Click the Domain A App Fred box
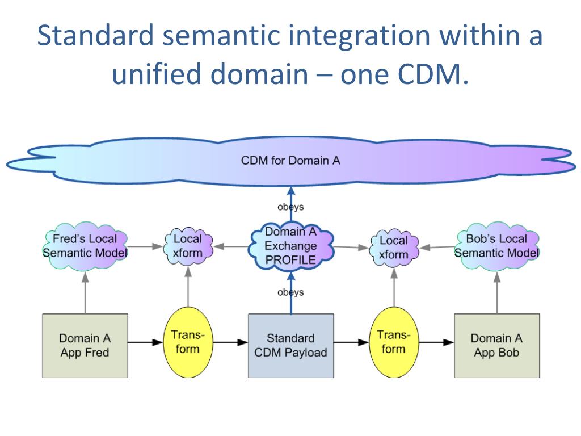[x=85, y=345]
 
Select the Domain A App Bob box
[x=496, y=345]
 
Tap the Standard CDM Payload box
[x=290, y=345]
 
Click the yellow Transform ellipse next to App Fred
[x=187, y=342]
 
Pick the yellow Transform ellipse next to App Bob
[x=393, y=342]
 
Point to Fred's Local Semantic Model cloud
[x=85, y=245]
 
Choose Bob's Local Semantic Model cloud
[x=496, y=245]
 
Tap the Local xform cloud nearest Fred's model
[x=187, y=246]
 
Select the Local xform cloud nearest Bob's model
[x=393, y=248]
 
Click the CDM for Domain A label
[x=290, y=160]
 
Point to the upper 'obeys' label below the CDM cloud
[x=290, y=207]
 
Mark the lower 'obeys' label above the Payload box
[x=290, y=292]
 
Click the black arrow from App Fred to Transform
[x=145, y=342]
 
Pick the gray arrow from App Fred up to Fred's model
[x=85, y=292]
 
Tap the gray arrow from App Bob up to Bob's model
[x=496, y=292]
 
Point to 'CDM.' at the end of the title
[x=433, y=75]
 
